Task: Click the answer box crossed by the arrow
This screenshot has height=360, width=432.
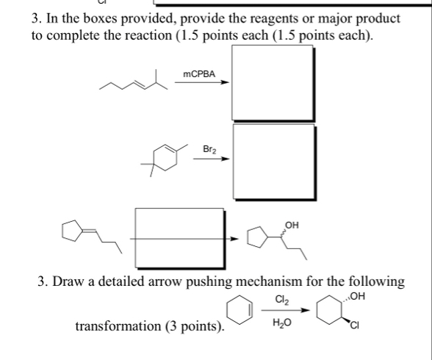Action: (x=178, y=237)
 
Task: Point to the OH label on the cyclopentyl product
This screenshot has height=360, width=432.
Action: (x=292, y=222)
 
